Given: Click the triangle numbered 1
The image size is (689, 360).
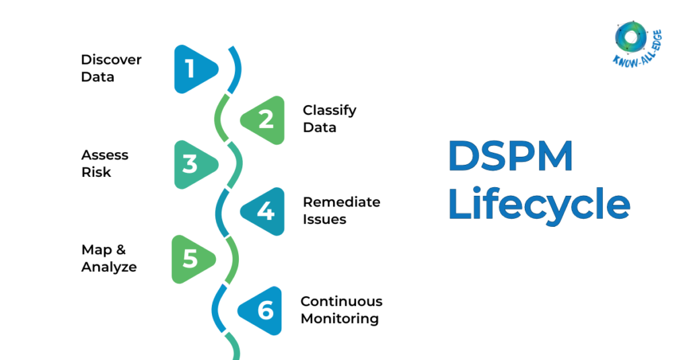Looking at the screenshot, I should [x=193, y=69].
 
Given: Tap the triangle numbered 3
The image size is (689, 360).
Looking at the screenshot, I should [x=193, y=164].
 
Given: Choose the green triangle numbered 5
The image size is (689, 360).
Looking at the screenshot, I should [x=192, y=259].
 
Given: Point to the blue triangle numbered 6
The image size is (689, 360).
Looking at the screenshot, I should [x=263, y=310].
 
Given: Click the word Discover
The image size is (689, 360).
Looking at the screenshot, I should [x=111, y=59].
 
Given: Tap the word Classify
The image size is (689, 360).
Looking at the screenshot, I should [x=329, y=110].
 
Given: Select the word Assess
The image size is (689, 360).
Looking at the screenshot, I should [x=104, y=155].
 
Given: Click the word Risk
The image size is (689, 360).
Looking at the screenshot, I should [x=96, y=172].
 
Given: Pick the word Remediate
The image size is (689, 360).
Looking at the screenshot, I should [x=341, y=202].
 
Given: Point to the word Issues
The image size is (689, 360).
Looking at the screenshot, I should [x=324, y=219].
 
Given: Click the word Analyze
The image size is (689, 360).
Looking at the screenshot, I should [x=109, y=267].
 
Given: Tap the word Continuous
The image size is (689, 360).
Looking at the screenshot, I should [x=341, y=301].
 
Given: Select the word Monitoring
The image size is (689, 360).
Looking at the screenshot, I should [x=340, y=318].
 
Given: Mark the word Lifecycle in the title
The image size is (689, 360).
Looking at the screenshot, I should [x=538, y=203].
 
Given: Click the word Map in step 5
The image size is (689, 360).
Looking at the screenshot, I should [x=94, y=250].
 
